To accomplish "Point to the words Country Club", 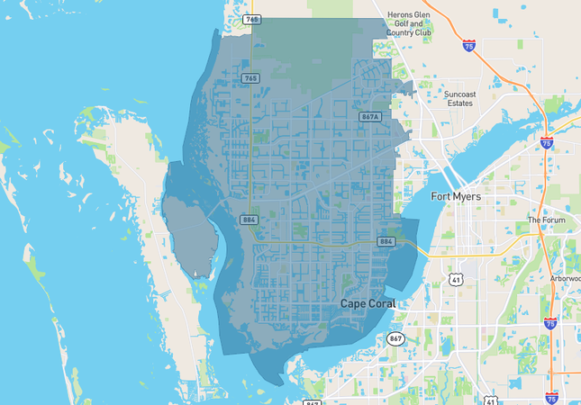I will point(409,33).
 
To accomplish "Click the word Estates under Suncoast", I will point(459,103).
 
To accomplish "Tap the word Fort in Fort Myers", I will point(440,196).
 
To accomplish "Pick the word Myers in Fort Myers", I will point(468,196).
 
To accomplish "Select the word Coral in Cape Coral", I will point(380,304).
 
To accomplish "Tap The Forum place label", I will point(546,220).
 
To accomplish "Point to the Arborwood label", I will point(565,279).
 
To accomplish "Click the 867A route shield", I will point(369,117).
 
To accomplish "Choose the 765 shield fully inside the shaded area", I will point(251,79).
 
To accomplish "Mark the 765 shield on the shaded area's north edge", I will point(252,19).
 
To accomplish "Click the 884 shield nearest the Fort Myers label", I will point(386,241).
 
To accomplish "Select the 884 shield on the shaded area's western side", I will point(250,220).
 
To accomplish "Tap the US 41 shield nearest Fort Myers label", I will point(458,281).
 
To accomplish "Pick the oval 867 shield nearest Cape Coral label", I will point(396,338).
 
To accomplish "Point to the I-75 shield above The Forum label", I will point(547,143).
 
